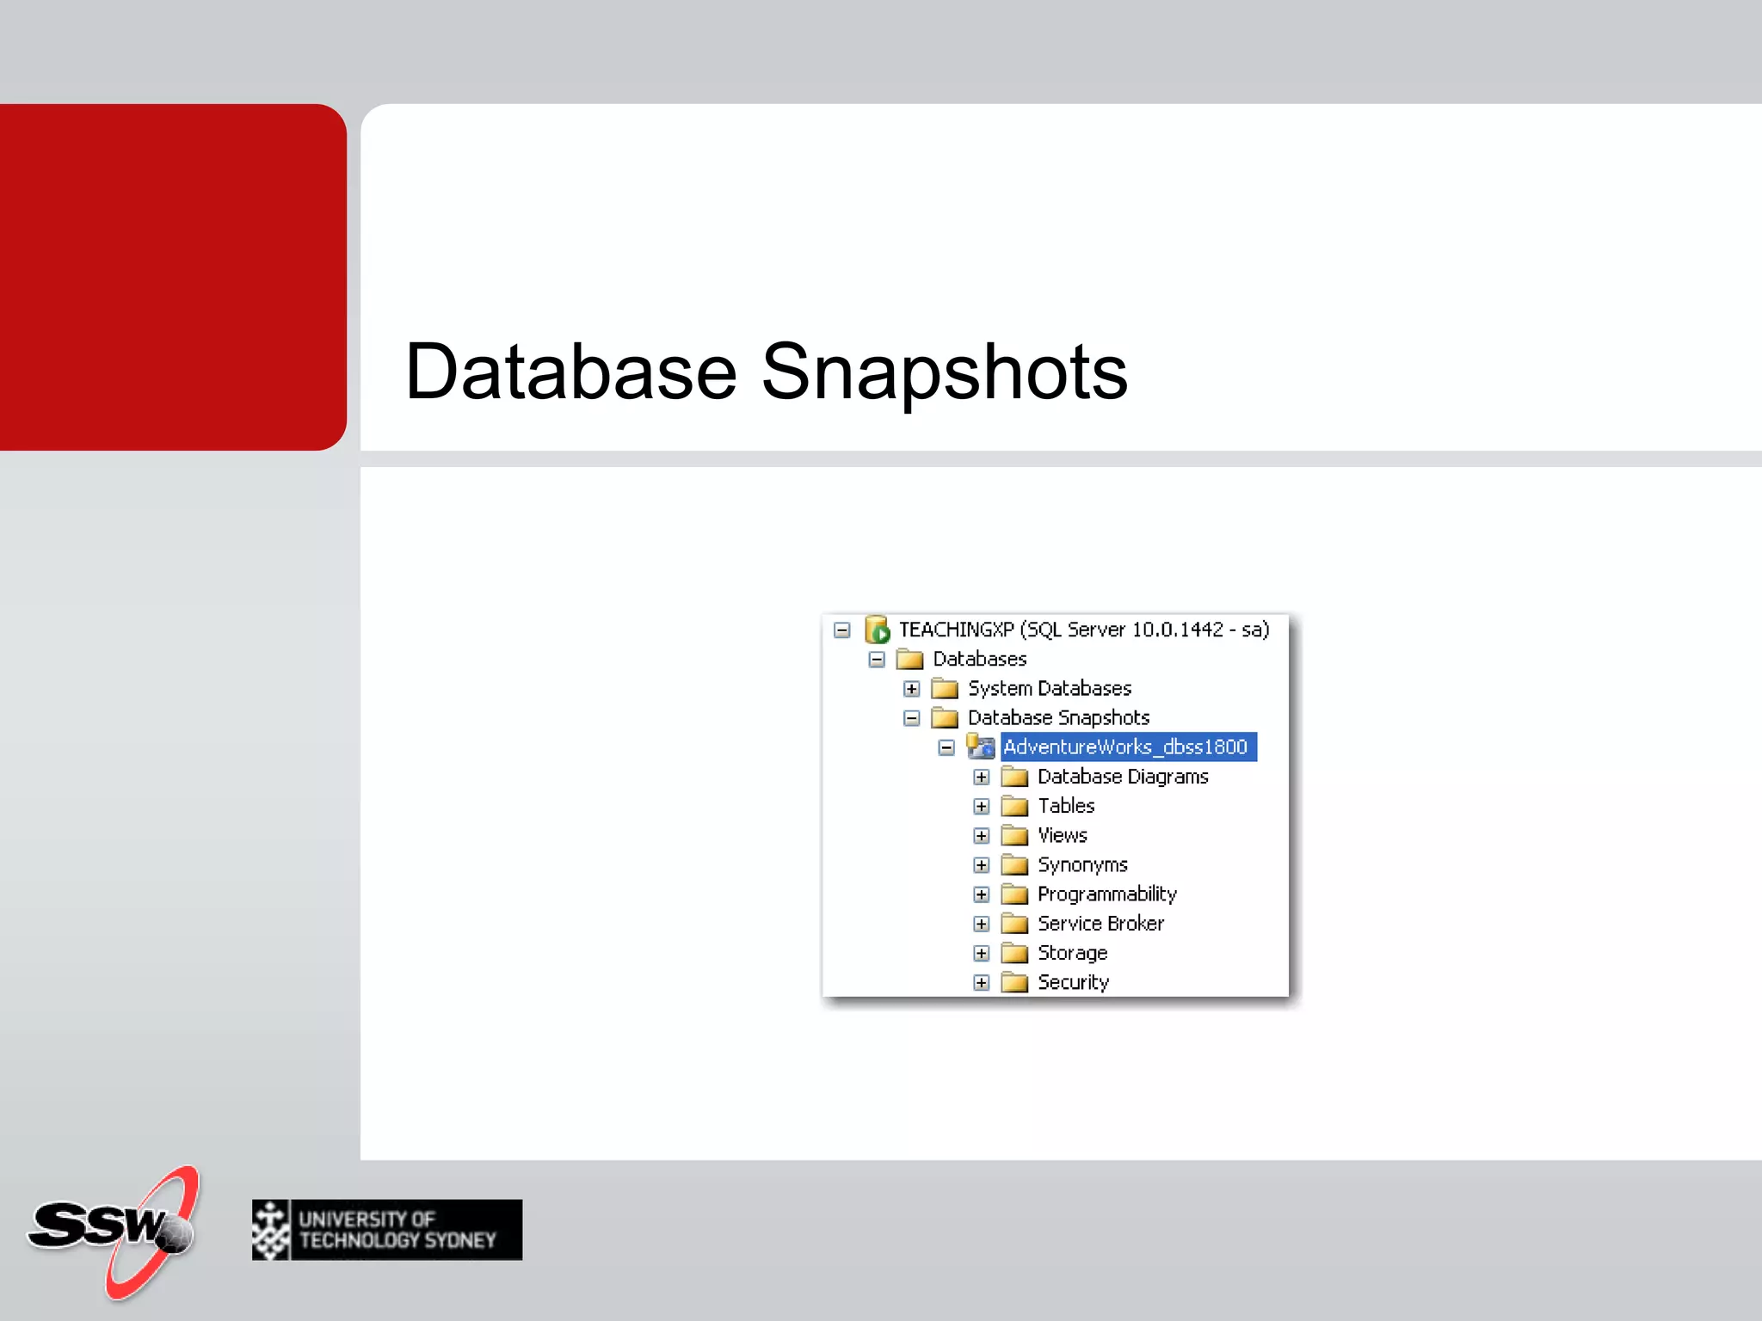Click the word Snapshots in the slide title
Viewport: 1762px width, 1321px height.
click(x=944, y=372)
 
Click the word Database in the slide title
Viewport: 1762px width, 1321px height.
click(x=570, y=372)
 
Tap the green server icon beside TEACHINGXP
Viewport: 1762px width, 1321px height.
click(x=877, y=630)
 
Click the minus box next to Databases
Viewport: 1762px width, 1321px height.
click(x=877, y=660)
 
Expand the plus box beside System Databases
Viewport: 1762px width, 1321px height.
click(x=912, y=689)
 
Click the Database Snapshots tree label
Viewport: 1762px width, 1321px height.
click(x=1058, y=717)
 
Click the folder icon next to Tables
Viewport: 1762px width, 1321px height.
click(x=1015, y=806)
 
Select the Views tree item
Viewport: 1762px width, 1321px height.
click(x=1062, y=835)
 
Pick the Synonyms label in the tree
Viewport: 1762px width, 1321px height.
click(x=1081, y=864)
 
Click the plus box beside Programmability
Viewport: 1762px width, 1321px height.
click(x=982, y=894)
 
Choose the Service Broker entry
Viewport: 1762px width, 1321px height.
click(x=1100, y=923)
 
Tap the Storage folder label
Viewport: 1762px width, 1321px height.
click(x=1072, y=953)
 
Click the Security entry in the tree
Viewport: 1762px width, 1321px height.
click(x=1073, y=982)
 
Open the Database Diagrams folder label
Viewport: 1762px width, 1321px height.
click(x=1122, y=777)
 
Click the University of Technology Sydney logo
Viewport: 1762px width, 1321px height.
click(x=387, y=1230)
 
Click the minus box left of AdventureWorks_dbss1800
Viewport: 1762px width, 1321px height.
click(x=946, y=747)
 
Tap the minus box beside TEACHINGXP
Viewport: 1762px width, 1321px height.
click(x=842, y=630)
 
